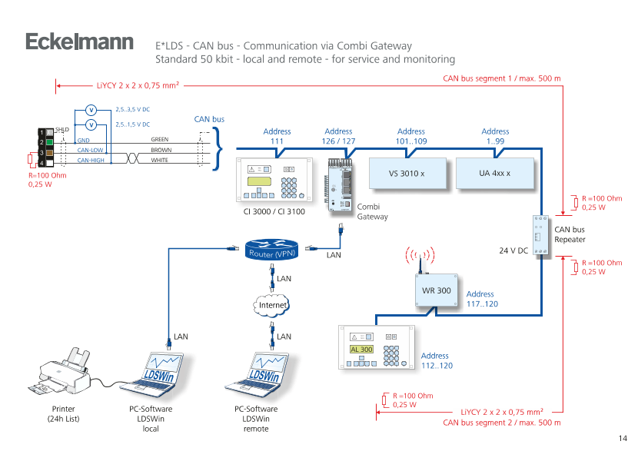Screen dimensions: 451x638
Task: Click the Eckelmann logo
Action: click(x=79, y=41)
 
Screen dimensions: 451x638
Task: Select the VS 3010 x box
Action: click(x=407, y=174)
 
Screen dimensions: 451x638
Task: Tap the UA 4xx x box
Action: click(x=495, y=174)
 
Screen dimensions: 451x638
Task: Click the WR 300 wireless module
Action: click(x=436, y=290)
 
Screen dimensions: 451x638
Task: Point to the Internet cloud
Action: click(x=272, y=305)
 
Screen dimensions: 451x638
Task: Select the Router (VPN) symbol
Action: click(x=272, y=251)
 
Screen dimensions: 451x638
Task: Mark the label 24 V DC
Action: click(x=513, y=250)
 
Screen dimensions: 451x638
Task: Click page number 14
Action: click(x=623, y=437)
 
